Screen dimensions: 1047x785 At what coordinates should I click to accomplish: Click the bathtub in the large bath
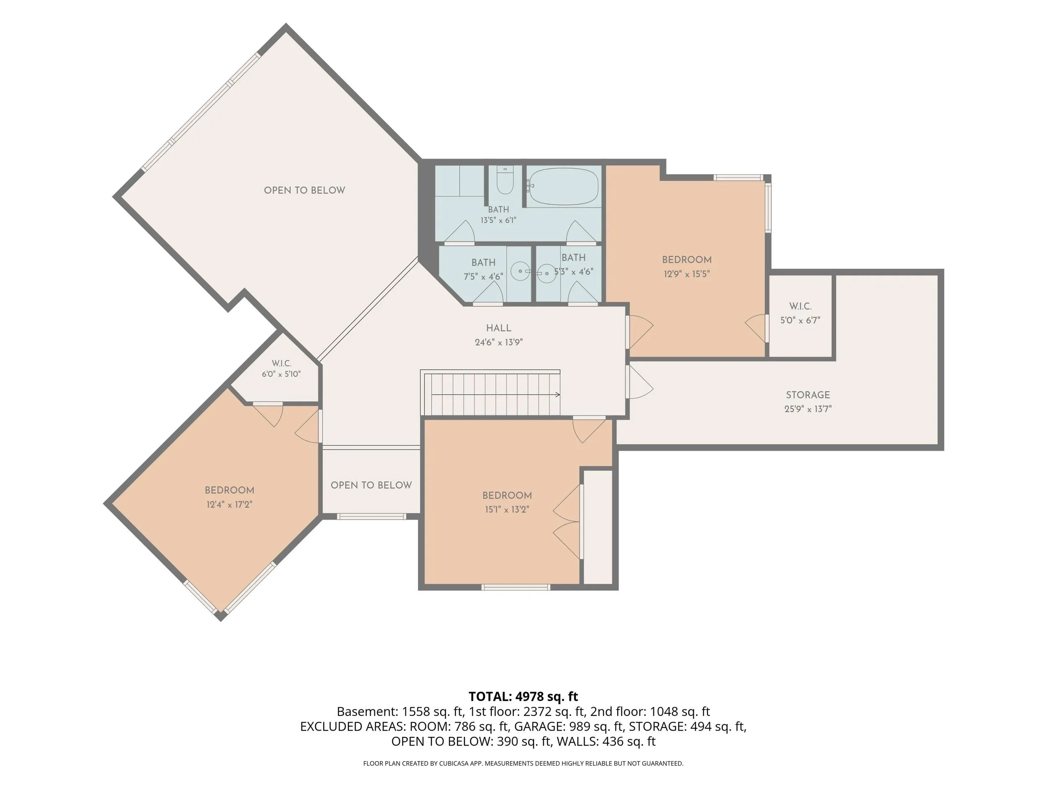click(x=563, y=186)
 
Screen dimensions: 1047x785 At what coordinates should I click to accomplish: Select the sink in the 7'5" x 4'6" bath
click(x=520, y=272)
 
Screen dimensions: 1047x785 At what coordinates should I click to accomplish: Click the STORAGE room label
click(x=808, y=395)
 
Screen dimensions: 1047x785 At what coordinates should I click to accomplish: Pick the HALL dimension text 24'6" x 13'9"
click(x=499, y=342)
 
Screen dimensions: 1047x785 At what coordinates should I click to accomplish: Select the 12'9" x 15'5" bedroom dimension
click(x=687, y=273)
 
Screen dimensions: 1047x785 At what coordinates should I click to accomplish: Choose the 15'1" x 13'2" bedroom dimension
click(x=507, y=509)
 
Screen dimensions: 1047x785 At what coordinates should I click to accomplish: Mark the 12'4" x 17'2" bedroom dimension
click(x=229, y=504)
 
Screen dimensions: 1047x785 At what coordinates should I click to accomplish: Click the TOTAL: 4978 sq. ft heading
click(x=523, y=697)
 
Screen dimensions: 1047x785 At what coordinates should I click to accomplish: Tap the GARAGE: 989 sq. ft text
click(x=568, y=726)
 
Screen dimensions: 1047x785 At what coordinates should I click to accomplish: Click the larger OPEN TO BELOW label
click(x=304, y=190)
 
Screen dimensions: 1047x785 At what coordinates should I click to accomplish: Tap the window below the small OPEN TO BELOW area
click(x=371, y=516)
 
